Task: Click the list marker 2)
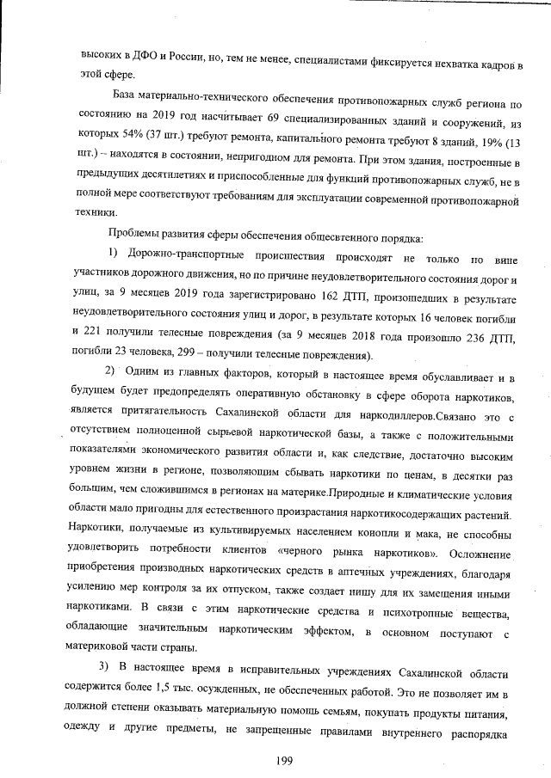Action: [111, 374]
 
